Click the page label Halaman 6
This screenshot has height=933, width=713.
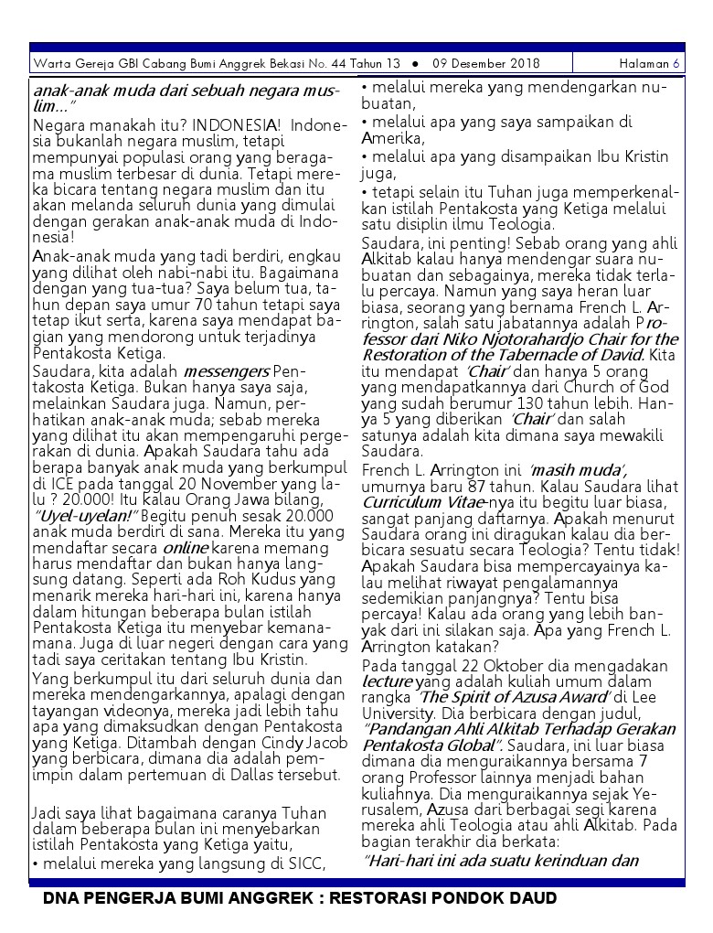[x=649, y=64]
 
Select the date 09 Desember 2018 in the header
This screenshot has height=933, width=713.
[x=486, y=64]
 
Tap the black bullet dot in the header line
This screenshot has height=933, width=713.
[x=415, y=64]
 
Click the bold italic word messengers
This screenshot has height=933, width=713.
[x=226, y=372]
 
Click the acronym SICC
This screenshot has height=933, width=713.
[x=310, y=863]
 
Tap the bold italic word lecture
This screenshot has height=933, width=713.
[x=387, y=681]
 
